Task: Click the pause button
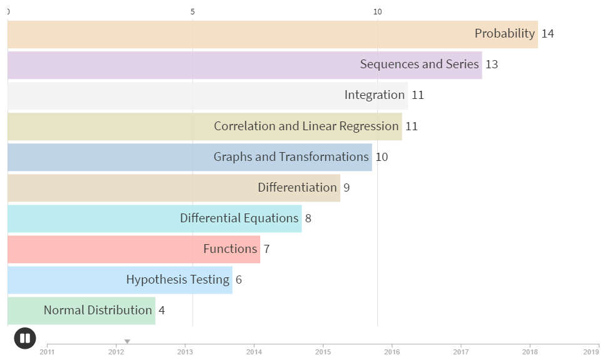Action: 25,339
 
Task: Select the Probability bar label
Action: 504,34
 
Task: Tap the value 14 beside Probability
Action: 547,34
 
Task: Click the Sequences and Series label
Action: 419,64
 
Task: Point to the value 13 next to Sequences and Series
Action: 492,64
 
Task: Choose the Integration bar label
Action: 374,95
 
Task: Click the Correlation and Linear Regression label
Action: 306,126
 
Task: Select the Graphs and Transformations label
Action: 291,157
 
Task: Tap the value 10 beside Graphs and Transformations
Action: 382,157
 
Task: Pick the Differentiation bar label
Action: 297,187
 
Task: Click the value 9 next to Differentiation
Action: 347,188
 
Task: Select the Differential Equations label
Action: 239,218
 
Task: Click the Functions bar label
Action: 230,249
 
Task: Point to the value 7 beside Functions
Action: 267,249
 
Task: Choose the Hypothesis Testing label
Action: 178,279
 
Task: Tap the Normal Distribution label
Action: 98,310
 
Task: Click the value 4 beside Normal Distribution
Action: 161,311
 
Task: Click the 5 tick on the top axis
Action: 193,12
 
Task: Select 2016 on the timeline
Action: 392,352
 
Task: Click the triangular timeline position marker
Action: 127,342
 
